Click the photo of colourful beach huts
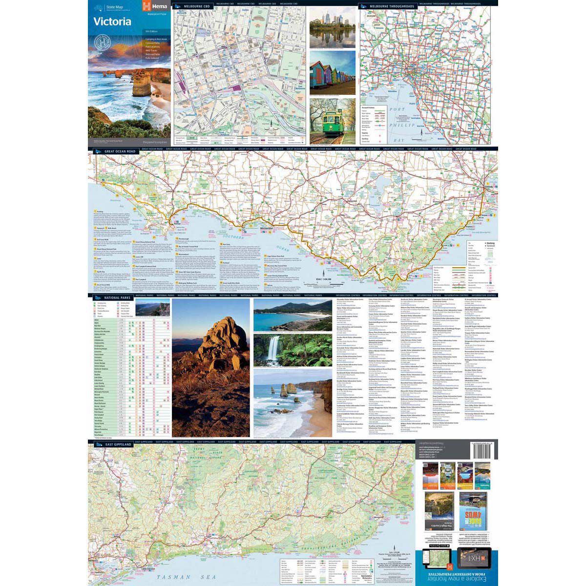(x=332, y=73)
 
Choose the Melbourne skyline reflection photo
(x=332, y=28)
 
